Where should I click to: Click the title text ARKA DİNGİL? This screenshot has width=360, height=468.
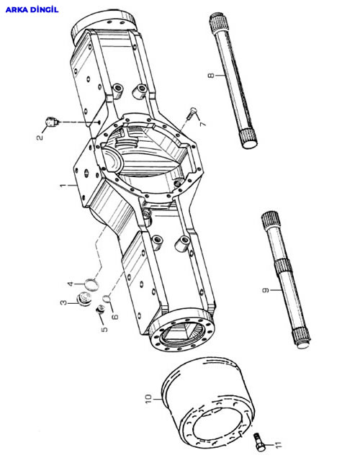point(32,9)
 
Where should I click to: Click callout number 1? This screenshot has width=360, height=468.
point(63,186)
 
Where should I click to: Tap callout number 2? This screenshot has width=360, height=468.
point(40,137)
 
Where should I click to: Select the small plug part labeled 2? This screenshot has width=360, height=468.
point(53,122)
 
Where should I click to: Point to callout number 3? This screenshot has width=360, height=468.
point(63,303)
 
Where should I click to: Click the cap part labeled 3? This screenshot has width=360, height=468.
point(84,299)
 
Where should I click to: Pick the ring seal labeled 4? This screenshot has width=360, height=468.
point(91,284)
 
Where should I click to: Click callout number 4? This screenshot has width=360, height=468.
point(71,283)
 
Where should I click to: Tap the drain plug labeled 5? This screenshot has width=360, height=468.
point(99,309)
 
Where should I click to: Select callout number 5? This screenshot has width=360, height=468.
point(104,329)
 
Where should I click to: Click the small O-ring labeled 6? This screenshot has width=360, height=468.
point(107,298)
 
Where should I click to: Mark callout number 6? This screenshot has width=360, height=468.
point(114,316)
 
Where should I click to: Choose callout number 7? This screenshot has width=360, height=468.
point(203,123)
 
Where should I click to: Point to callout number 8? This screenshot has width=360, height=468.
point(211,75)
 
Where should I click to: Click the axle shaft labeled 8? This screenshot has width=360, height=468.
point(233,80)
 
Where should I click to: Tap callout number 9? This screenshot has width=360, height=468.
point(266,290)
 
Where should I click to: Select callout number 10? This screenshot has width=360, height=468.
point(148,398)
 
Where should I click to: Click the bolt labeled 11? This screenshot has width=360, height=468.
point(259,442)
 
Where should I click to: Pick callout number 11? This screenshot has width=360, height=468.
point(278,445)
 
